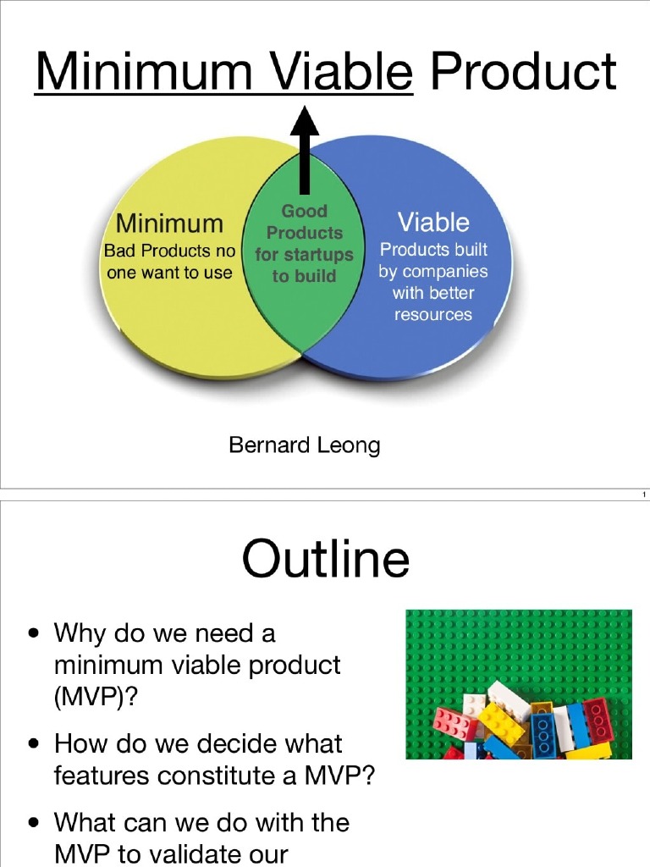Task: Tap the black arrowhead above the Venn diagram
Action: coord(304,121)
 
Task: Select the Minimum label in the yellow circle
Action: coord(169,224)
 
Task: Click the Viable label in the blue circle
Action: coord(433,223)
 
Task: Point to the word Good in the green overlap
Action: coord(304,211)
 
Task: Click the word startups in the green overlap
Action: coord(318,254)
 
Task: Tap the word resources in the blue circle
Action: coord(432,314)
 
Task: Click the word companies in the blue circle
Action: coord(444,272)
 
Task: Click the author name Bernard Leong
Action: coord(304,445)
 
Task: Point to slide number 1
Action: coord(643,494)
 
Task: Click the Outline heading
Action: coord(325,560)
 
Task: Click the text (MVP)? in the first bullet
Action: coord(90,697)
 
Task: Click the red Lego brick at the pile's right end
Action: coord(599,719)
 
